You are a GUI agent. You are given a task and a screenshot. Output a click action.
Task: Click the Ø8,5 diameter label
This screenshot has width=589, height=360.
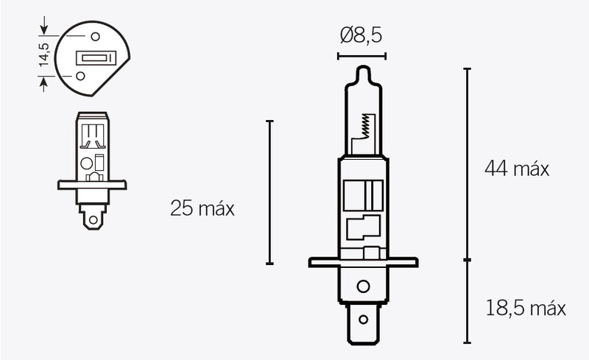(x=361, y=35)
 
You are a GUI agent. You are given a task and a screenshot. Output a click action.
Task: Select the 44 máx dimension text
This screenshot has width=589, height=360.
(x=517, y=169)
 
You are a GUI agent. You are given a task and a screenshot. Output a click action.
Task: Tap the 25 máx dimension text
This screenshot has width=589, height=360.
(x=202, y=208)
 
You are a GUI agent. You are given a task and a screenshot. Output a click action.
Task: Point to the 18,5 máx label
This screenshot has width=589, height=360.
(x=526, y=308)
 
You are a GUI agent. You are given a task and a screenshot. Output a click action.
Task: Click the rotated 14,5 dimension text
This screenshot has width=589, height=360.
(x=43, y=56)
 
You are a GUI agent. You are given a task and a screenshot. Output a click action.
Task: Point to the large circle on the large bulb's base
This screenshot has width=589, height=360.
(x=362, y=286)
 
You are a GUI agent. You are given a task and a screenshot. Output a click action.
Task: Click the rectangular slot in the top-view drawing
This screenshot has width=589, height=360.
(x=95, y=57)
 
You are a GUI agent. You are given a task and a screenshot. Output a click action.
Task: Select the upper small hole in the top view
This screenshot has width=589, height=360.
(x=95, y=35)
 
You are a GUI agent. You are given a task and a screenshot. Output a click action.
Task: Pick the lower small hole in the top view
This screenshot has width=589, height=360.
(x=80, y=74)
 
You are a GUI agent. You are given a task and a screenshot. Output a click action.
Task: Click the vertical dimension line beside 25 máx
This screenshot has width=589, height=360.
(x=270, y=191)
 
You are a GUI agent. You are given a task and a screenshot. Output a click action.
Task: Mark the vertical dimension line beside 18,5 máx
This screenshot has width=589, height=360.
(x=467, y=301)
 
